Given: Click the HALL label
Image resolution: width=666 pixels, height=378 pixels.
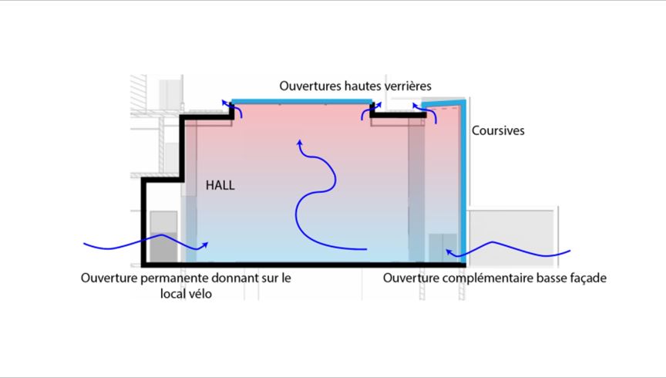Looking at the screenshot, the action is pyautogui.click(x=220, y=185).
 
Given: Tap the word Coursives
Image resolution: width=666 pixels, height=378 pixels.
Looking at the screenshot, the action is pyautogui.click(x=498, y=130).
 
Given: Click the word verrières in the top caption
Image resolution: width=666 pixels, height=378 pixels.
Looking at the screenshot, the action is pyautogui.click(x=408, y=86).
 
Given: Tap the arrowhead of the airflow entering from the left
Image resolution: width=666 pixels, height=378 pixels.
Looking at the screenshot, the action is pyautogui.click(x=205, y=245).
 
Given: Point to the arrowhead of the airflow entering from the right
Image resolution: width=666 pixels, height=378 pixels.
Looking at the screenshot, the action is pyautogui.click(x=449, y=253).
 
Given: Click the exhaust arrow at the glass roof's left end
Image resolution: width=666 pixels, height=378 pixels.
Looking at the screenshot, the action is pyautogui.click(x=233, y=106).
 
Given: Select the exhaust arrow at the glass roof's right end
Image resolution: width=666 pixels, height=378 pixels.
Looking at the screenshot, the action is pyautogui.click(x=370, y=110).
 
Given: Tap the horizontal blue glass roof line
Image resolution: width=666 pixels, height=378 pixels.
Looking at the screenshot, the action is pyautogui.click(x=301, y=102).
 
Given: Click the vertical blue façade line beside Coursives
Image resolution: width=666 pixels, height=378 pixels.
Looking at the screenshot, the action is pyautogui.click(x=463, y=183).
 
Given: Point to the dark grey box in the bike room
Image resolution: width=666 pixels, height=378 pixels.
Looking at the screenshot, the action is pyautogui.click(x=164, y=248).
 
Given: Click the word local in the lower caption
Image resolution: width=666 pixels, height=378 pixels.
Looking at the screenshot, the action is pyautogui.click(x=172, y=293).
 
